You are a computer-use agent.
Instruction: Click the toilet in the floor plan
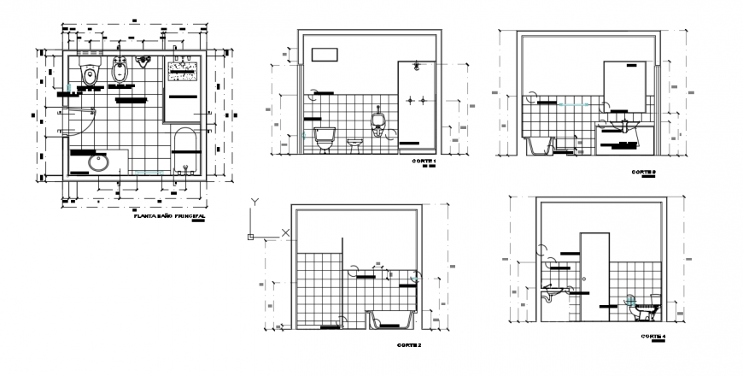coord(87,73)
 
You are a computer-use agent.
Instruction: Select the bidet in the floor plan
coord(121,73)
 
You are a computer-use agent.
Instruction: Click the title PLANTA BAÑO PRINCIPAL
coord(170,218)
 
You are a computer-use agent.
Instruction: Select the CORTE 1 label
coord(423,162)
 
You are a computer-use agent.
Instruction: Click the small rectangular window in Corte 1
coord(325,55)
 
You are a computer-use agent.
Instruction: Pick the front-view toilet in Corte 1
coord(325,138)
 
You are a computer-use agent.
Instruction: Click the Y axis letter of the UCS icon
coord(254,203)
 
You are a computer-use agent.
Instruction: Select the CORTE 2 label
coord(409,346)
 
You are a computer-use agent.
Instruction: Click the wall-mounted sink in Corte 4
coord(554,295)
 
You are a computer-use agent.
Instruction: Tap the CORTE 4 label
coord(653,337)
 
